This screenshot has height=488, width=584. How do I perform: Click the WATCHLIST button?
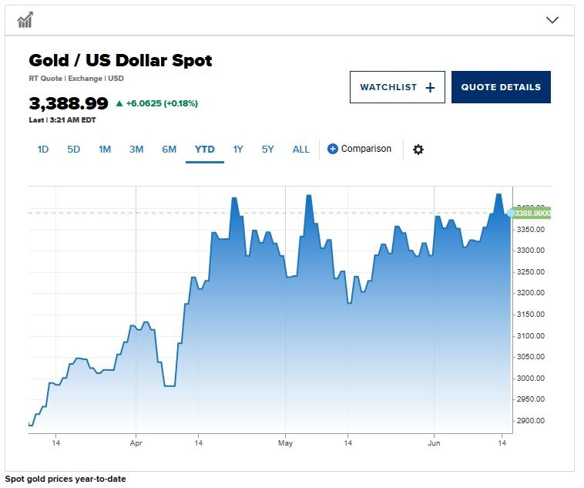click(x=397, y=87)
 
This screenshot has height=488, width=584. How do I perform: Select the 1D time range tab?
click(x=43, y=150)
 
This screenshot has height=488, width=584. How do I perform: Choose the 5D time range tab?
click(x=73, y=150)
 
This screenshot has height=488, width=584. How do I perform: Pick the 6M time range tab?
click(x=169, y=150)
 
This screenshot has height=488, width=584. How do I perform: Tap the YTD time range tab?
click(x=204, y=150)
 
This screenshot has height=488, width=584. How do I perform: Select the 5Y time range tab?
click(x=267, y=150)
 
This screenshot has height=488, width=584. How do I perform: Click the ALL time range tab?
click(x=300, y=150)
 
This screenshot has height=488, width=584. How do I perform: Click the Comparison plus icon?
click(x=333, y=149)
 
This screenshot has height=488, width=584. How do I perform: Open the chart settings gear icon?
click(x=418, y=150)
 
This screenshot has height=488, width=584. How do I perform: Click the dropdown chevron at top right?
click(x=552, y=20)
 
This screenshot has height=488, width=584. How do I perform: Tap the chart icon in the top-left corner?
click(x=25, y=20)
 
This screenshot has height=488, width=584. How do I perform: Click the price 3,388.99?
click(x=69, y=103)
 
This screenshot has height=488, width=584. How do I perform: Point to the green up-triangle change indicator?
click(x=119, y=103)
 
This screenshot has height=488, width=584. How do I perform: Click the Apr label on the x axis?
click(x=136, y=443)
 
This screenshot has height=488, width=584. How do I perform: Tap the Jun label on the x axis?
click(x=434, y=443)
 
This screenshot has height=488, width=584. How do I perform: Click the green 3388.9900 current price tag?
click(x=532, y=213)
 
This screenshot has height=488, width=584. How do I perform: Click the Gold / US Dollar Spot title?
click(x=120, y=61)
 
